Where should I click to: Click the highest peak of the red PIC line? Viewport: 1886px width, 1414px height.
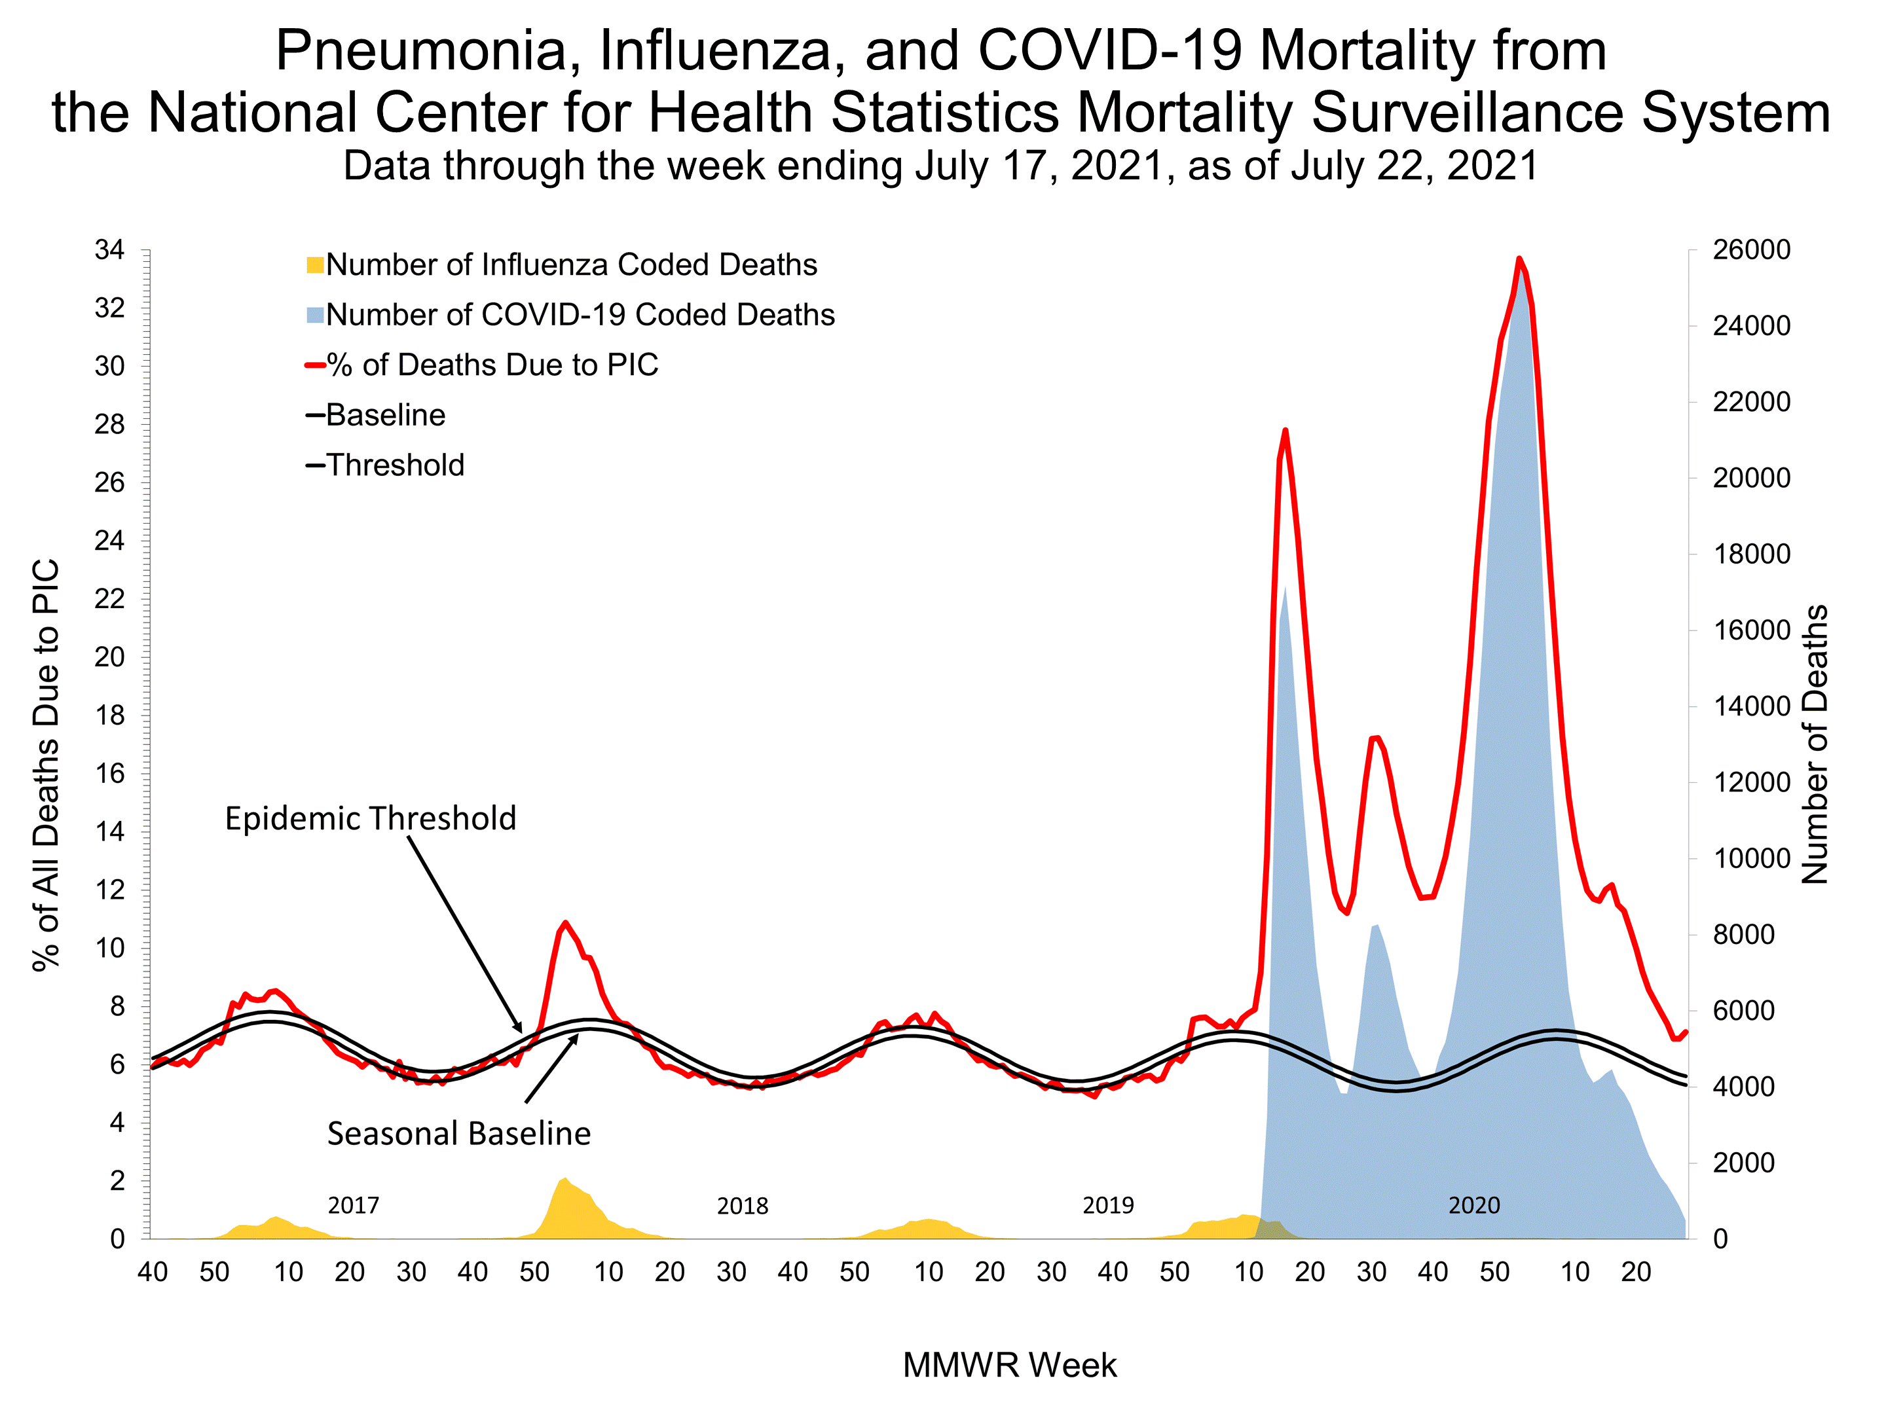(x=1519, y=259)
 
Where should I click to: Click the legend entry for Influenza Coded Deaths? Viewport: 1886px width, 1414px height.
(x=570, y=264)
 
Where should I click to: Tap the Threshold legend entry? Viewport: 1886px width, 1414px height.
(x=394, y=465)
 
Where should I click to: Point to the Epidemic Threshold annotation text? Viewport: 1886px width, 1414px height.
(x=370, y=818)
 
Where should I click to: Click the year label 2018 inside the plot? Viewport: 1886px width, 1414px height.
(x=742, y=1205)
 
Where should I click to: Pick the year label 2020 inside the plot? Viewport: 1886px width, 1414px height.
(x=1473, y=1205)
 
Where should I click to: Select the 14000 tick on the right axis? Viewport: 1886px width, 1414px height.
(x=1751, y=706)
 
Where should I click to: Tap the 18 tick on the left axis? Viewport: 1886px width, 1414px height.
(x=109, y=715)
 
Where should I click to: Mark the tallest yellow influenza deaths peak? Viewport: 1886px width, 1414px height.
(x=564, y=1180)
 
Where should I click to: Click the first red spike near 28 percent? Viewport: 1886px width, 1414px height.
(x=1285, y=431)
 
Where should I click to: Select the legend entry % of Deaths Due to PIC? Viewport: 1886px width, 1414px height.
(x=491, y=365)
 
